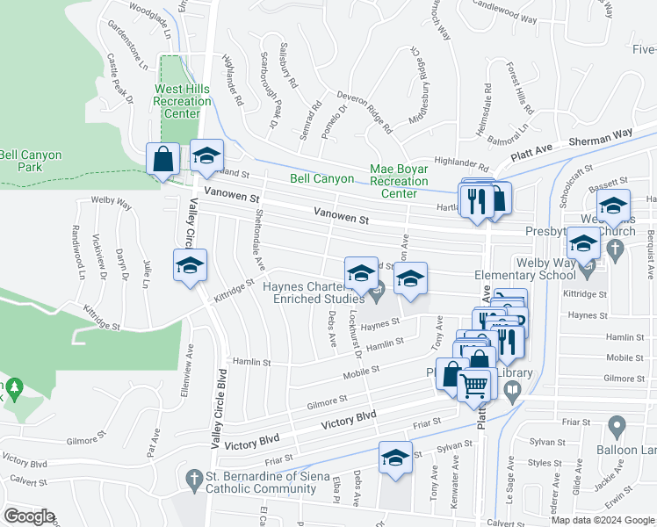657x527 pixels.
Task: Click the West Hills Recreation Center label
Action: point(182,101)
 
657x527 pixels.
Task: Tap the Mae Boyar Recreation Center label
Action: point(398,180)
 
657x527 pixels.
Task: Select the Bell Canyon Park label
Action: point(31,161)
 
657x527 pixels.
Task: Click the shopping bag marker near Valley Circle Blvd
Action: point(163,160)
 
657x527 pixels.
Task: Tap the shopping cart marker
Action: point(473,385)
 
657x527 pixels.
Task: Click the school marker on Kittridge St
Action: point(189,268)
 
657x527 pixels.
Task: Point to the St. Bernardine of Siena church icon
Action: point(195,478)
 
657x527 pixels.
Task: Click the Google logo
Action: point(29,516)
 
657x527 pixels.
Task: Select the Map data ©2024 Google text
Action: point(602,520)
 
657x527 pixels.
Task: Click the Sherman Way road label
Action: point(600,141)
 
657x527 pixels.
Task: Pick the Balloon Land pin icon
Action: point(617,428)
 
